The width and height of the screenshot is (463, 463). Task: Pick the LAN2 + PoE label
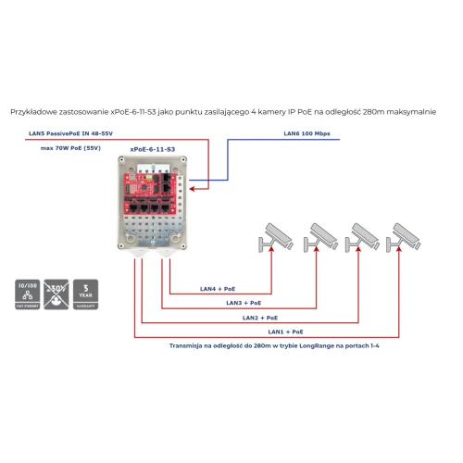pyautogui.click(x=260, y=317)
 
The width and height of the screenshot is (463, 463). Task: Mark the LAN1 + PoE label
pyautogui.click(x=286, y=331)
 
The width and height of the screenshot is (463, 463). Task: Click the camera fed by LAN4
pyautogui.click(x=275, y=238)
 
